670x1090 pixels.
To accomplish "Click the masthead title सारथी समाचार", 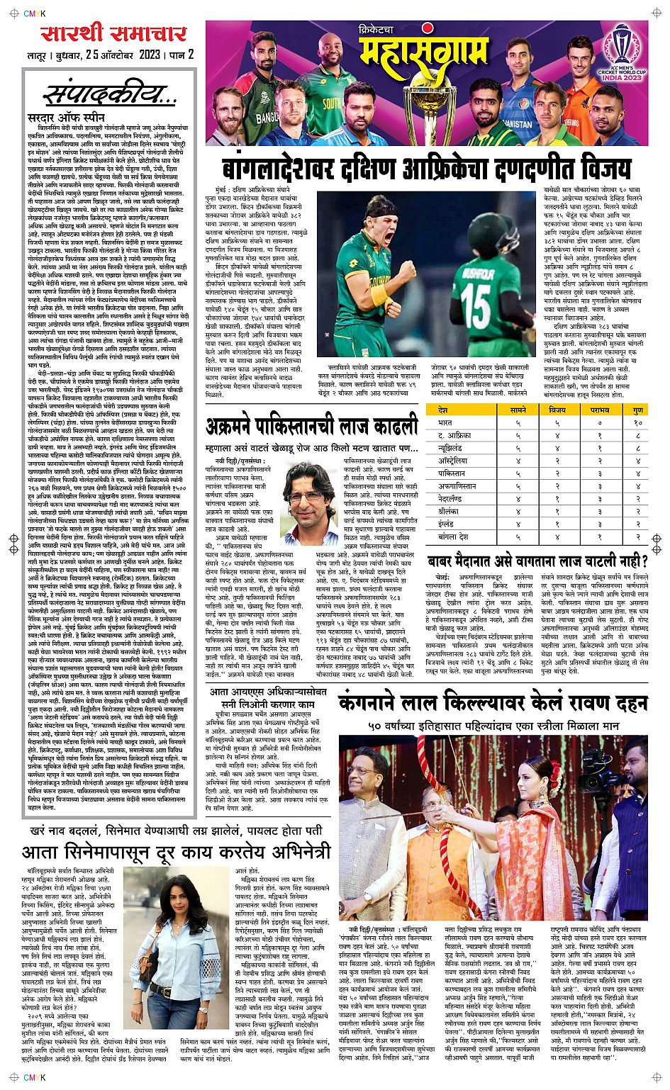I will [113, 34].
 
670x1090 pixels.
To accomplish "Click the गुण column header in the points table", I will [637, 410].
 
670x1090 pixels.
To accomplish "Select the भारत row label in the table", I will [445, 423].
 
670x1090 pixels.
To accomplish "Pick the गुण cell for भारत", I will [637, 423].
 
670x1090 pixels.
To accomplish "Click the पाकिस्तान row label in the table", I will [452, 473].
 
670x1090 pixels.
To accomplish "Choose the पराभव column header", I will [599, 410].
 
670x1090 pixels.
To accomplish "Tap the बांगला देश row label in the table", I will [453, 537].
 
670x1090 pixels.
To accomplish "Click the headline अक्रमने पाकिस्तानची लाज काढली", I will [312, 427].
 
